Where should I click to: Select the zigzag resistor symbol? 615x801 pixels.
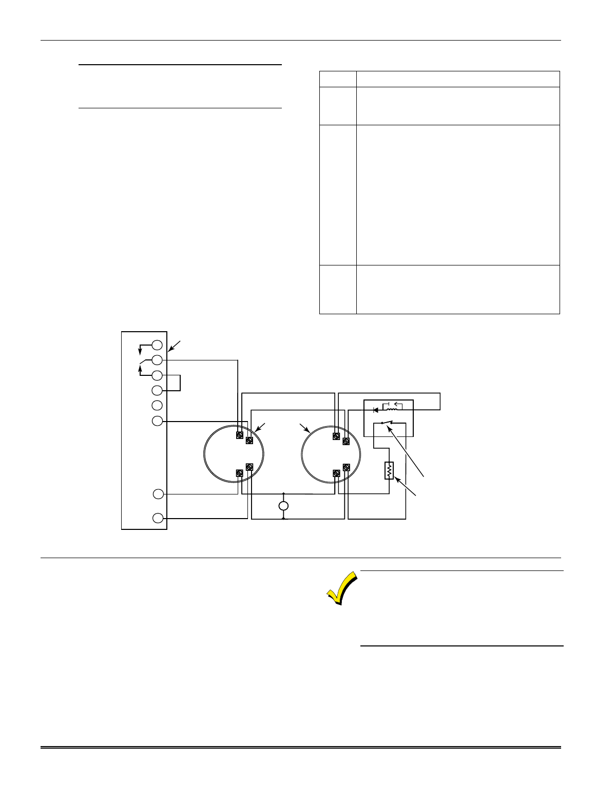pos(389,471)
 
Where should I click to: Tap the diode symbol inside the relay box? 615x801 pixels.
pos(376,410)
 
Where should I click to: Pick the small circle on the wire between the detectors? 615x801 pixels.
pos(283,506)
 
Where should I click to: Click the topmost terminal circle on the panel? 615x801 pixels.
pos(158,345)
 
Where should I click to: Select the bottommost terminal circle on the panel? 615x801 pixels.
pos(159,518)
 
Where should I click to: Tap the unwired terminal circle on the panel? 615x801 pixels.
pos(158,405)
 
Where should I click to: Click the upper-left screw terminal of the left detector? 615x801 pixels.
pos(239,435)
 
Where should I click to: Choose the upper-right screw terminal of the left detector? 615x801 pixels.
pos(249,441)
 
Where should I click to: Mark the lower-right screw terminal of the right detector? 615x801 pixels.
pos(346,467)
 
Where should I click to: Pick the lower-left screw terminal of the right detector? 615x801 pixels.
pos(336,473)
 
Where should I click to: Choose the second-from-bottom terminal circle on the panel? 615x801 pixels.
pos(159,494)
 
